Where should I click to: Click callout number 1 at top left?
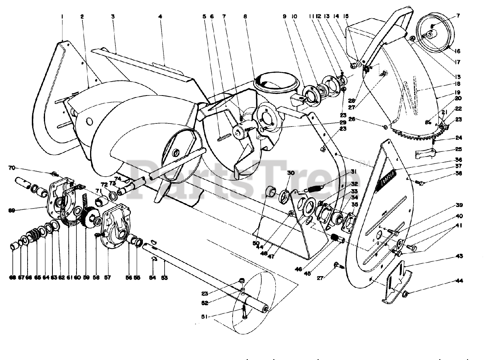pyautogui.click(x=62, y=16)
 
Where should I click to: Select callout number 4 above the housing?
pyautogui.click(x=160, y=16)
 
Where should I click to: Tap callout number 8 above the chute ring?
pyautogui.click(x=245, y=16)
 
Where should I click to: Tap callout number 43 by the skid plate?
pyautogui.click(x=459, y=256)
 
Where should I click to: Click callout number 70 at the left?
pyautogui.click(x=12, y=168)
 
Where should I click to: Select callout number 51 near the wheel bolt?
pyautogui.click(x=203, y=317)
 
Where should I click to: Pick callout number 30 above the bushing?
pyautogui.click(x=291, y=172)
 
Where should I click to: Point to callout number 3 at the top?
pyautogui.click(x=113, y=16)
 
